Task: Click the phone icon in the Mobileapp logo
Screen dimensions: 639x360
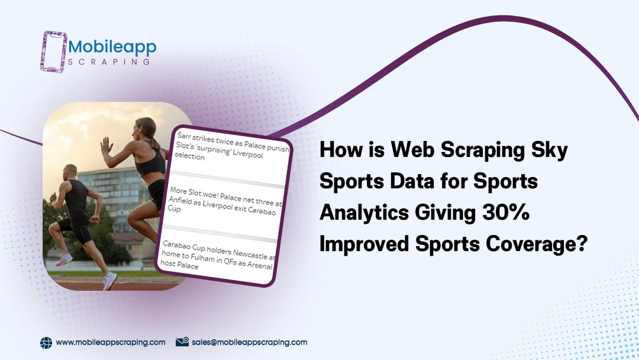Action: point(54,52)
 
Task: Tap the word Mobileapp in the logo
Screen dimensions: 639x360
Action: point(112,47)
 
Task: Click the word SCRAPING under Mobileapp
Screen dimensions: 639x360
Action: point(109,62)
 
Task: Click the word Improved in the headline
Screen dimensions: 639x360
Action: point(364,244)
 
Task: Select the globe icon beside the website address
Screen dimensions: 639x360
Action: point(46,342)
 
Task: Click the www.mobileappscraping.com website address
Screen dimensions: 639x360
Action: point(111,342)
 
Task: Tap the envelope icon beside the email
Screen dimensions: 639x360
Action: point(182,342)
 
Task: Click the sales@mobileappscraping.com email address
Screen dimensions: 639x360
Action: point(250,342)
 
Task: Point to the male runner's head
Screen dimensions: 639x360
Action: point(70,172)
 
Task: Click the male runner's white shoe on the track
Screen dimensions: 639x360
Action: point(109,281)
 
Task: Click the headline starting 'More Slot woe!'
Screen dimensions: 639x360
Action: point(225,201)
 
